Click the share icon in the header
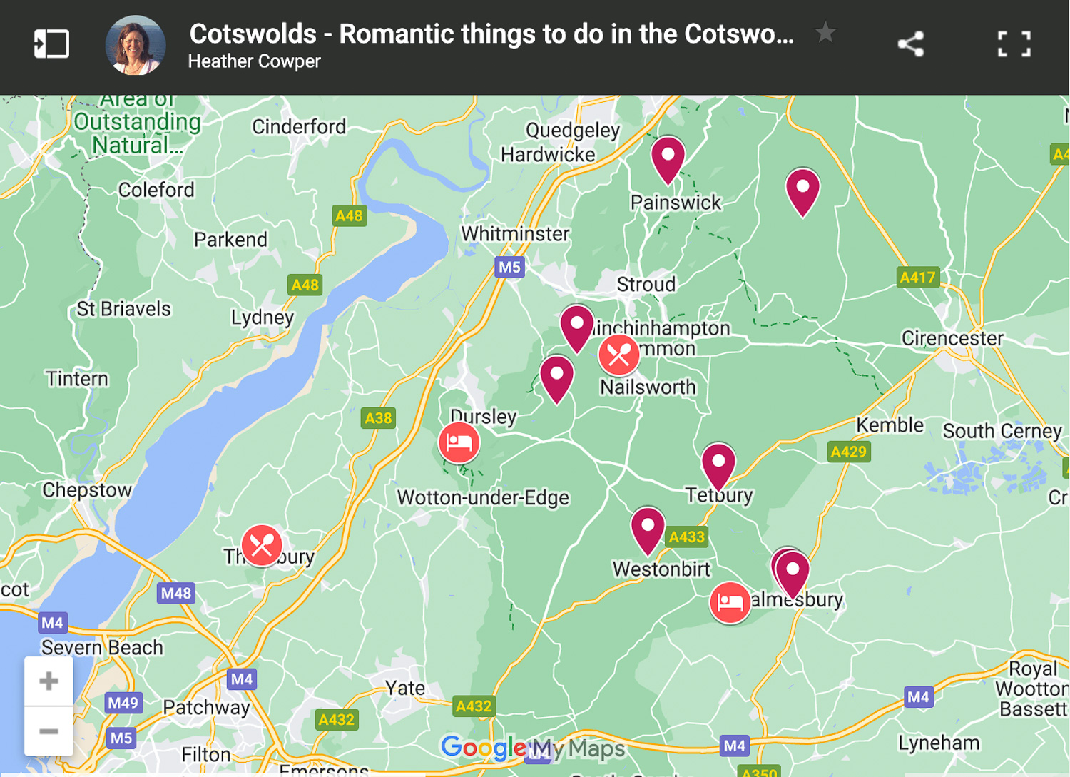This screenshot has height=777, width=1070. (911, 44)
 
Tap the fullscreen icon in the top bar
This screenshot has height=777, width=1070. (1014, 44)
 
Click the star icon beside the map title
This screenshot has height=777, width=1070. (825, 32)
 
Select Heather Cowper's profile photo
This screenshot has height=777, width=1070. (136, 46)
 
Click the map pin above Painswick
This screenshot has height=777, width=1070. (668, 158)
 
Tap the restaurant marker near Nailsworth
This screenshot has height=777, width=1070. (618, 355)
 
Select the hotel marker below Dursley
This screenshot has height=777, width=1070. (459, 443)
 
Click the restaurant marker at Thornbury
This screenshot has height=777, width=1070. (262, 546)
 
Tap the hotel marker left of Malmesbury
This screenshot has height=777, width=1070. (729, 603)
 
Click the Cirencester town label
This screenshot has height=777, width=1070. (952, 338)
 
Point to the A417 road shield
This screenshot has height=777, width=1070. (917, 278)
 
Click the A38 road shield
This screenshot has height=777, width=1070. (378, 418)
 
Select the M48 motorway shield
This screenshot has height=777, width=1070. (175, 593)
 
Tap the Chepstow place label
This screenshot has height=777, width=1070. (87, 490)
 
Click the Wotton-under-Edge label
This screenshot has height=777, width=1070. (483, 497)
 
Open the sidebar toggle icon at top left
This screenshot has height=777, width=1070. (51, 44)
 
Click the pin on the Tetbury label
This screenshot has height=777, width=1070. (718, 464)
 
